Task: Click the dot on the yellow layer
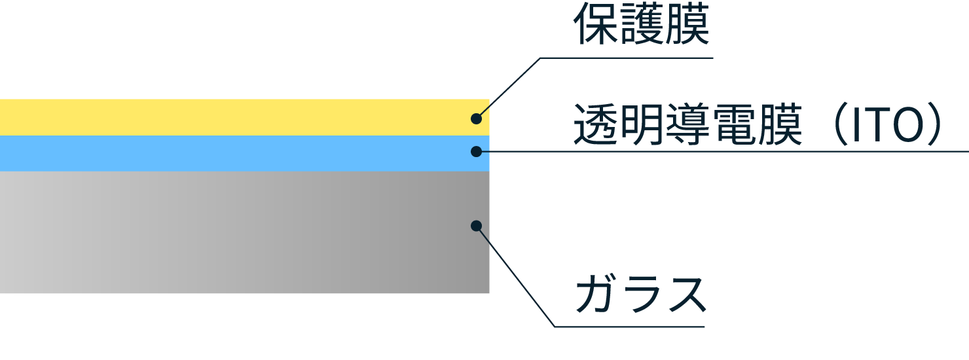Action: click(477, 119)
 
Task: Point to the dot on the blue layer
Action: click(477, 151)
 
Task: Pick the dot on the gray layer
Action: click(477, 226)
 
